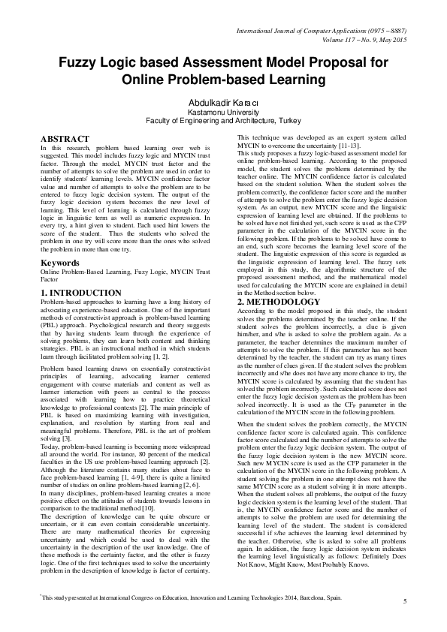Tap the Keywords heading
pos(60,263)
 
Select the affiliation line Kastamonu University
pos(223,110)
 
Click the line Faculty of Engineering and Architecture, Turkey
pos(223,119)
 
